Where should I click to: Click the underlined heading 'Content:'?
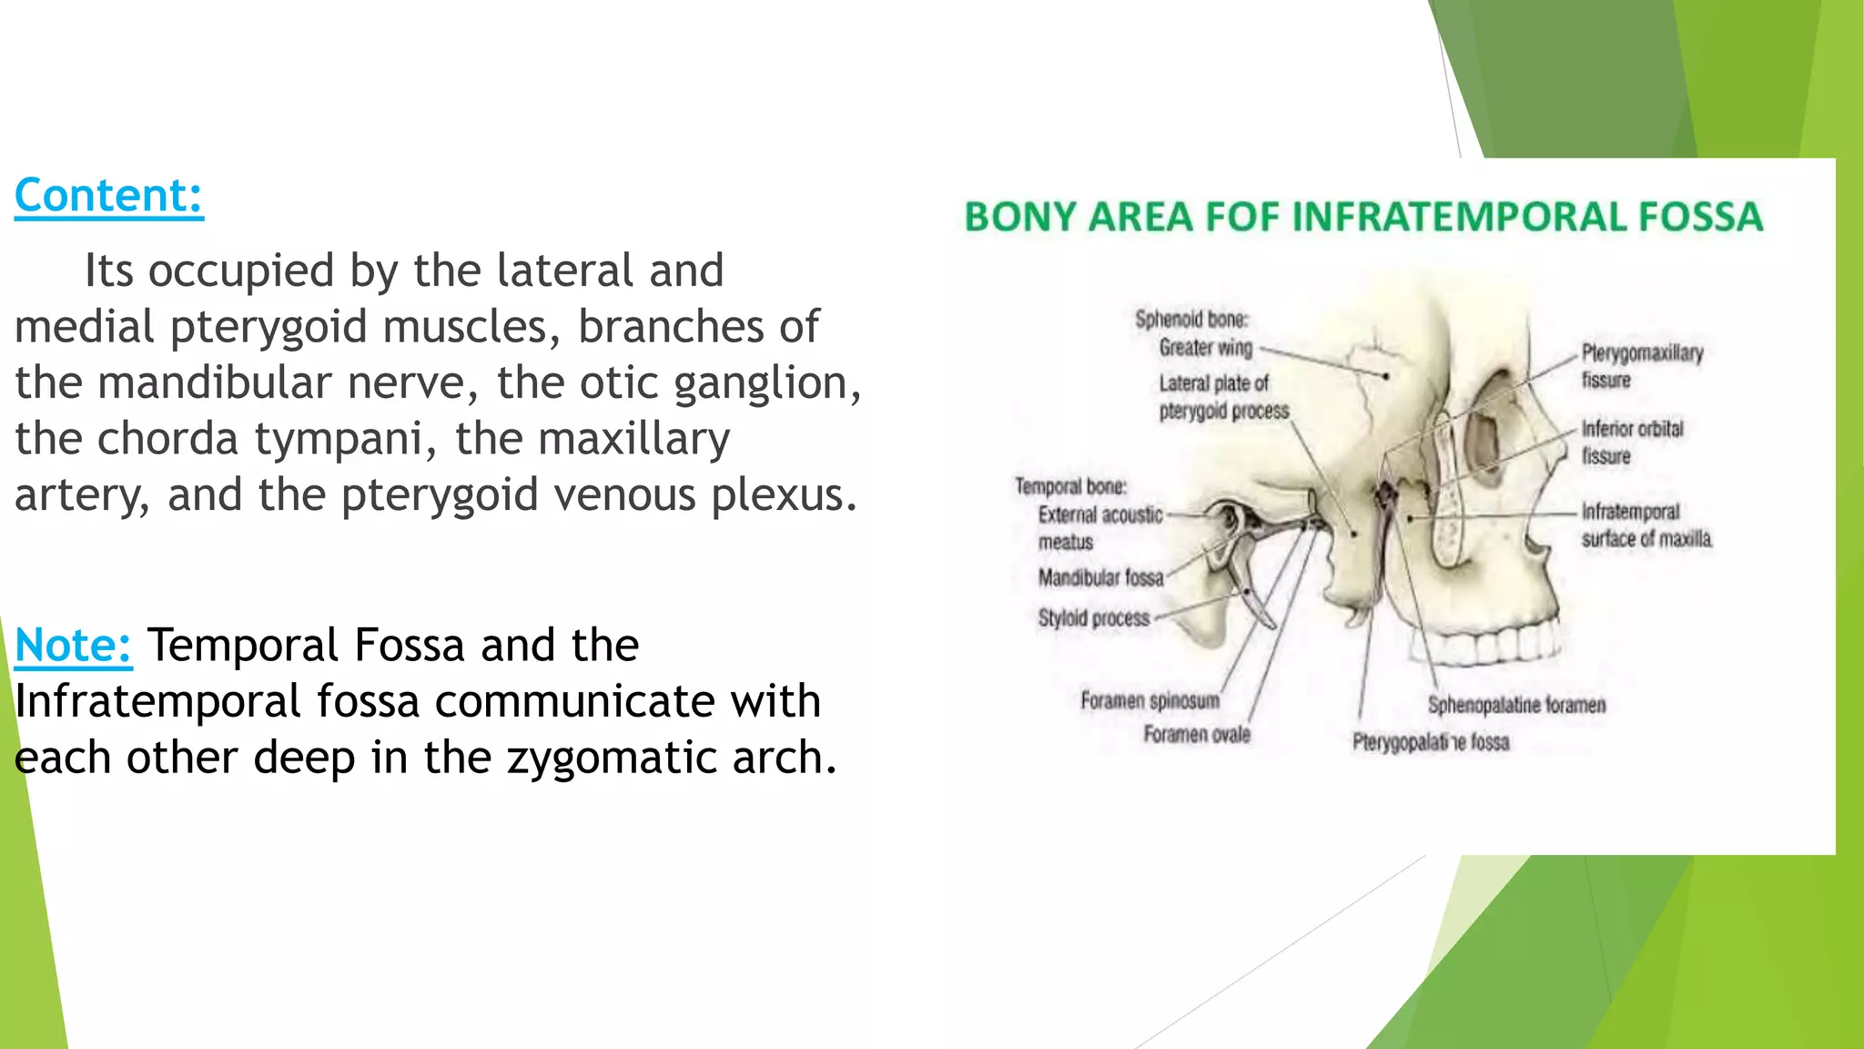108,196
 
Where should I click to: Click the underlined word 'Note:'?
73,646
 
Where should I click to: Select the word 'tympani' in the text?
339,440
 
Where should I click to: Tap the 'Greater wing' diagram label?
1205,348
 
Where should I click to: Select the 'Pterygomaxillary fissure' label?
1641,366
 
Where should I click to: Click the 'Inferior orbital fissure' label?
1632,442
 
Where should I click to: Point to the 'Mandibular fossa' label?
1100,578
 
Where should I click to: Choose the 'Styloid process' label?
1093,618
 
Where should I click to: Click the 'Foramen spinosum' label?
1150,701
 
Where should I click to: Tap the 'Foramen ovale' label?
1196,735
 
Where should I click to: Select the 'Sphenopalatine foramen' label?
1516,705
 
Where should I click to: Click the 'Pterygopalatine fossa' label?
1430,743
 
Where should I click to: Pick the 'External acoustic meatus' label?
1099,528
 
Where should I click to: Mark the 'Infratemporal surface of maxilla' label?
1646,525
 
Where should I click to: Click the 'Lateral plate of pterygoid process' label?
1222,397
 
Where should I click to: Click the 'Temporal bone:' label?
1070,486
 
